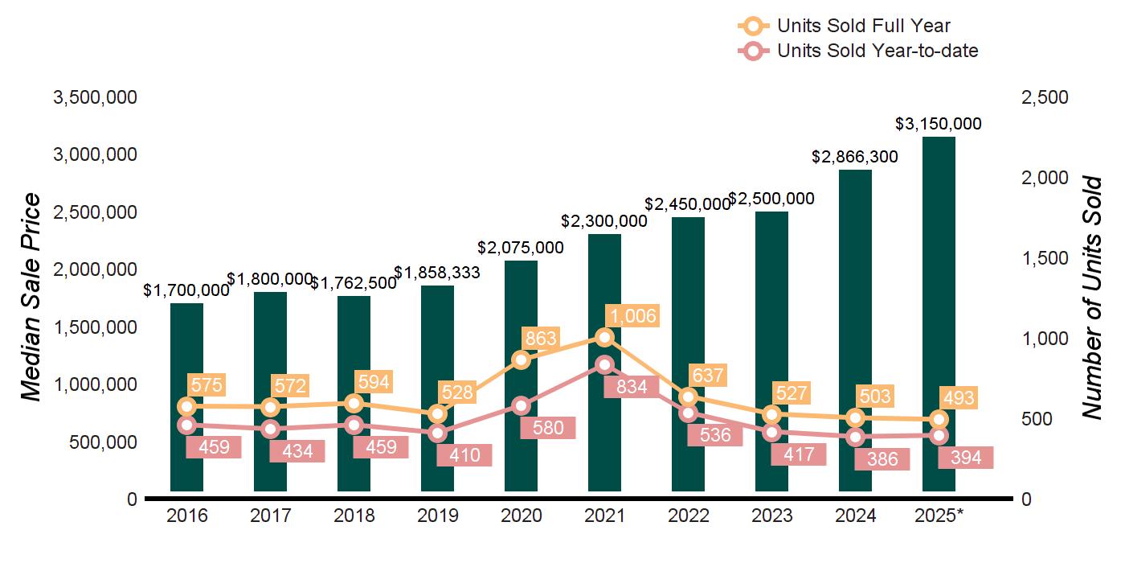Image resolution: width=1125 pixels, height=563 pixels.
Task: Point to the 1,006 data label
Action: point(632,315)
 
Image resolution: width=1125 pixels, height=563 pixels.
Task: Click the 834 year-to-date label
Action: point(632,387)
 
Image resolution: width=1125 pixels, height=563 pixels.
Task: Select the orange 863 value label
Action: point(540,338)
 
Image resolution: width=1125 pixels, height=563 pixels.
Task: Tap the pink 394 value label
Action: point(965,458)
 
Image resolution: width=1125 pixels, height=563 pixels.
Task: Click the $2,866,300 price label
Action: point(855,157)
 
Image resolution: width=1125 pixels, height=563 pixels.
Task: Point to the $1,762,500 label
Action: point(354,283)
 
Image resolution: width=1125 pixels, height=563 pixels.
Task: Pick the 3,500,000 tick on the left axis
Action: point(95,97)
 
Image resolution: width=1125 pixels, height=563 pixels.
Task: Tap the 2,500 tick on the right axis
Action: point(1045,97)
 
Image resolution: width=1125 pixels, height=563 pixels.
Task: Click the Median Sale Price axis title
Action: point(31,298)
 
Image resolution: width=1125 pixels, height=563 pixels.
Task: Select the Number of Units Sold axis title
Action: point(1091,298)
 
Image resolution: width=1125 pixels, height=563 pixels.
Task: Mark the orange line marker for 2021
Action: point(605,337)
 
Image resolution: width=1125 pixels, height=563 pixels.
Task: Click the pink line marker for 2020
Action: point(522,406)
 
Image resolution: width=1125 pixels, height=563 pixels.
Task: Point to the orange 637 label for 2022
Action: point(707,375)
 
